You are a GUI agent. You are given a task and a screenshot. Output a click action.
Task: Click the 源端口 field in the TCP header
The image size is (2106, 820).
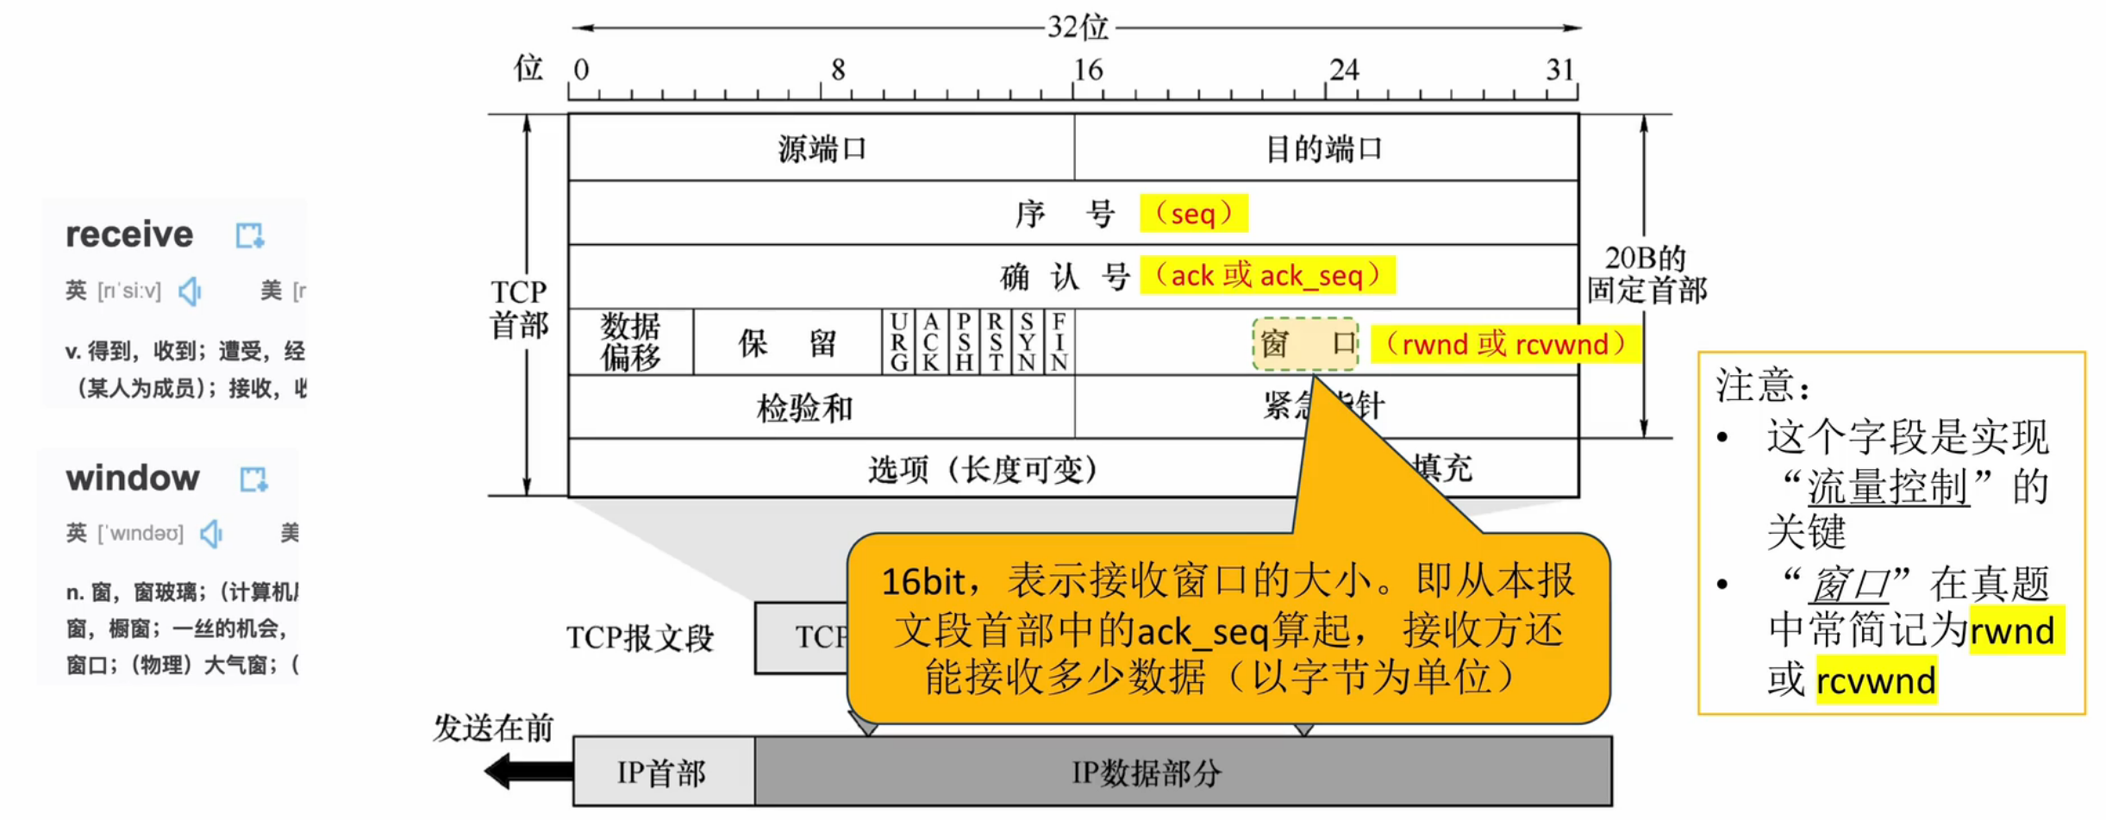[821, 148]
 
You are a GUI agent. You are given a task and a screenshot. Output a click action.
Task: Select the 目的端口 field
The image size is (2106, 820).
[1325, 148]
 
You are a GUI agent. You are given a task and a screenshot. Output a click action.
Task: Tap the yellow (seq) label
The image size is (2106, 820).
[1193, 213]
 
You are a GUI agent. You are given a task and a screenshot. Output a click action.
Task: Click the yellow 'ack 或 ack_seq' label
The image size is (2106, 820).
[1266, 276]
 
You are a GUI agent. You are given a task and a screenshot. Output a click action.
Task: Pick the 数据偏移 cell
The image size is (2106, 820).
[630, 342]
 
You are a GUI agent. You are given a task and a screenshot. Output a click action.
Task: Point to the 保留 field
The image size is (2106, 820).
[787, 342]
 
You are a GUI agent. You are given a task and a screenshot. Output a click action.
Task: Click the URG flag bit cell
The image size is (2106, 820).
[898, 342]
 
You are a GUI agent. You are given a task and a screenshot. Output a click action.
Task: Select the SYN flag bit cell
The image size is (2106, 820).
[1027, 342]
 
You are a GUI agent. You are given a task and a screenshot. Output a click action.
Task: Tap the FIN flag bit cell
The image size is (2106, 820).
[1059, 342]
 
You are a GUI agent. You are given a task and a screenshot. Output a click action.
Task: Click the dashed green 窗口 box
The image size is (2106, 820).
[1306, 344]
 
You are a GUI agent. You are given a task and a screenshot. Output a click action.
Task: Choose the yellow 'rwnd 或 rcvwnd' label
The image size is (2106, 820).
[1504, 344]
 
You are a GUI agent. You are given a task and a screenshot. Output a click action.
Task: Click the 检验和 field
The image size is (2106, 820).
[804, 407]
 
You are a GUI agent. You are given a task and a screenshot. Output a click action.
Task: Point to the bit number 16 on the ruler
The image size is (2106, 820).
[1087, 70]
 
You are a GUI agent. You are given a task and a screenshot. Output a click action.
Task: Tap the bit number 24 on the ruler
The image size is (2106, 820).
[1344, 70]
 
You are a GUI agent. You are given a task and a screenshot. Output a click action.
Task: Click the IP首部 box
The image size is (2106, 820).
[663, 773]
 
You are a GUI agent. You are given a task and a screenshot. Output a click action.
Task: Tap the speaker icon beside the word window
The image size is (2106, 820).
[211, 534]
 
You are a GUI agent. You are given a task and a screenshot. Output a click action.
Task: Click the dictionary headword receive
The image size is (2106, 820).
[130, 235]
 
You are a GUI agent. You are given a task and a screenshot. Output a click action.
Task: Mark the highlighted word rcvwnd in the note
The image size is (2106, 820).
[1875, 681]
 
